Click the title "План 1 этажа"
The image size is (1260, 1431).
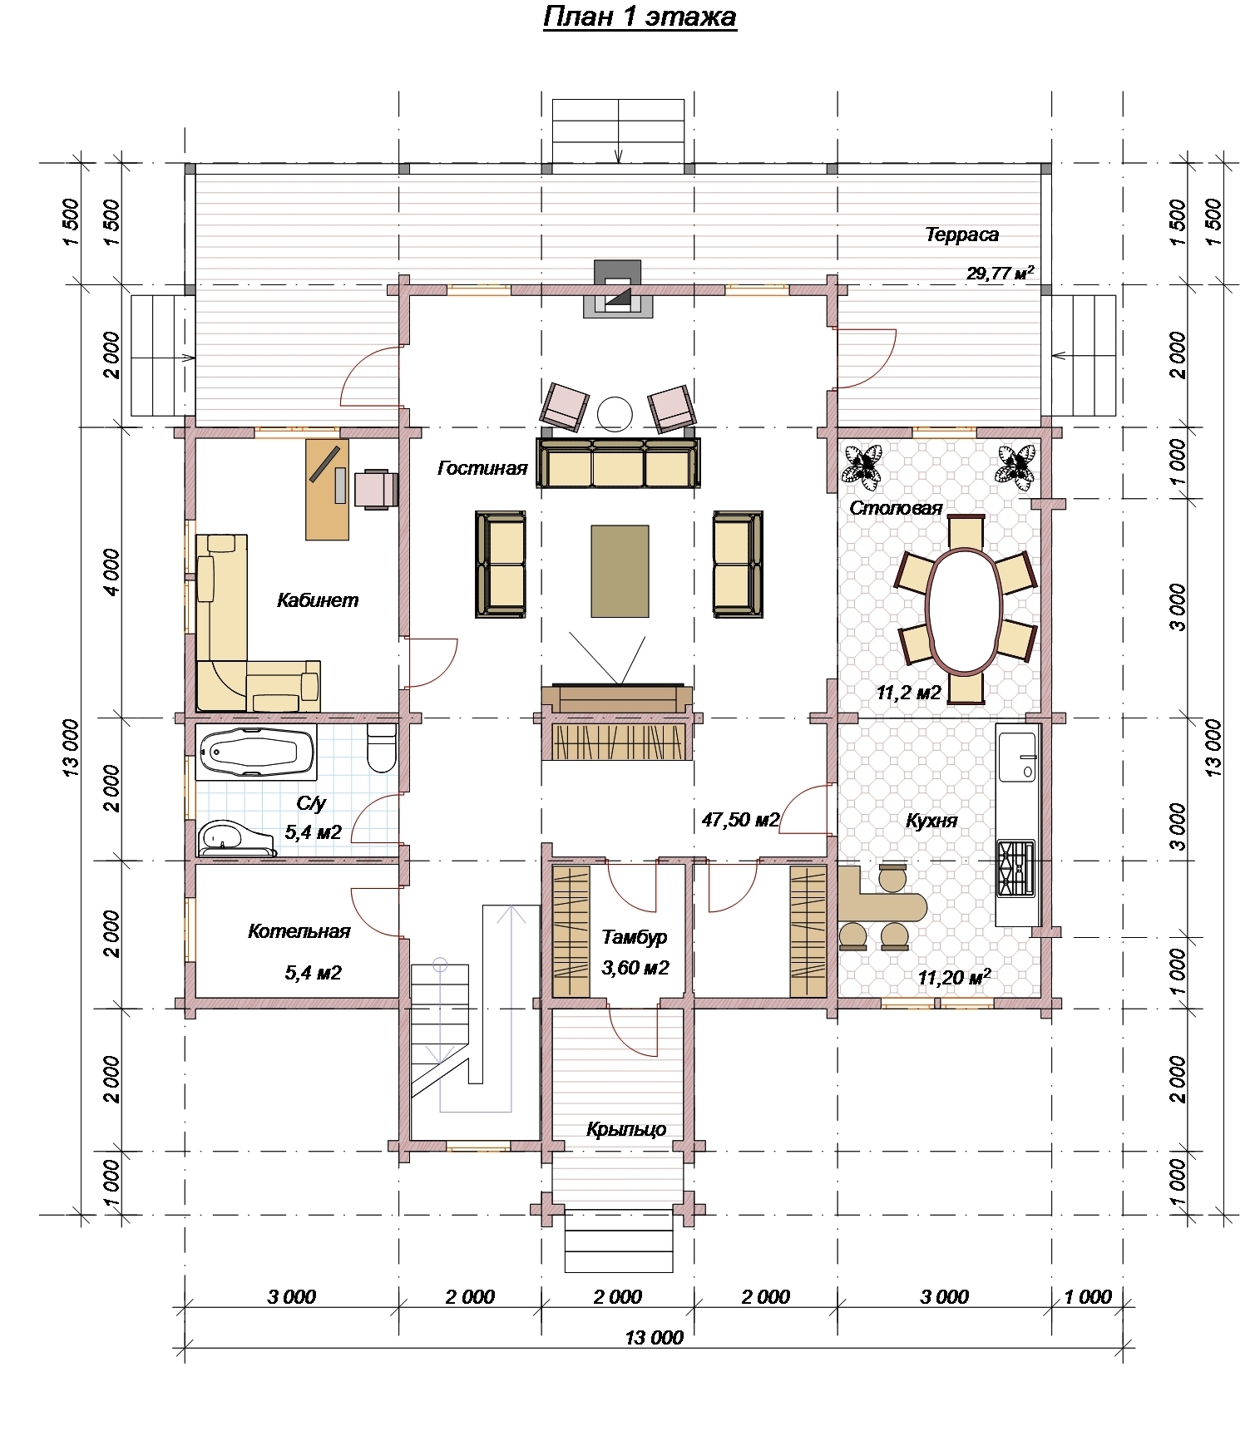(640, 17)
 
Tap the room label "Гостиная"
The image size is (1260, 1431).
(482, 468)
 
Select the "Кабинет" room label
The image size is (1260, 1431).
(318, 600)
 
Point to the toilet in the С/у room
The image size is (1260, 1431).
(382, 747)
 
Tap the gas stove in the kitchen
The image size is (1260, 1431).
(1015, 867)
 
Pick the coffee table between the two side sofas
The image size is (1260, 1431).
(620, 570)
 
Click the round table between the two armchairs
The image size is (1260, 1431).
(615, 412)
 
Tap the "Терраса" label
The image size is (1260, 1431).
(961, 234)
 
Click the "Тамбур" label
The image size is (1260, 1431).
(635, 937)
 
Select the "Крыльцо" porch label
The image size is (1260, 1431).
(626, 1129)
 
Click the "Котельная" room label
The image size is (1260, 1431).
(299, 931)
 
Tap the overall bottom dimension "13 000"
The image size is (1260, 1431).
(654, 1338)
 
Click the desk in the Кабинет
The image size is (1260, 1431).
(328, 489)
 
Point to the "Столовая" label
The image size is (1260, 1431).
(896, 508)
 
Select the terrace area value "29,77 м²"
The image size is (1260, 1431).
(1001, 273)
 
